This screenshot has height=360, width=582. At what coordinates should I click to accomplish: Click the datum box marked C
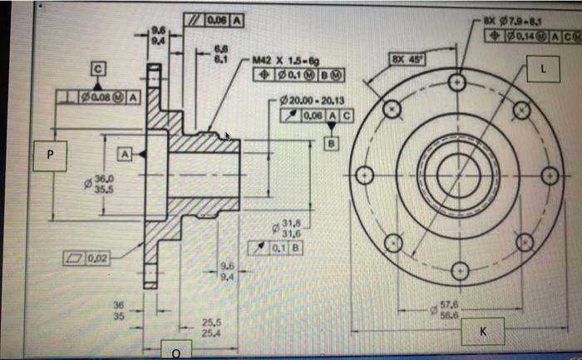97,69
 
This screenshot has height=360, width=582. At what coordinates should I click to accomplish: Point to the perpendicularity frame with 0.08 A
101,100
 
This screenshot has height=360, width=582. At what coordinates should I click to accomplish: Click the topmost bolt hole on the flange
456,83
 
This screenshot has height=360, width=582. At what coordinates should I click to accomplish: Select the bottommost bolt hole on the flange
456,271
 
